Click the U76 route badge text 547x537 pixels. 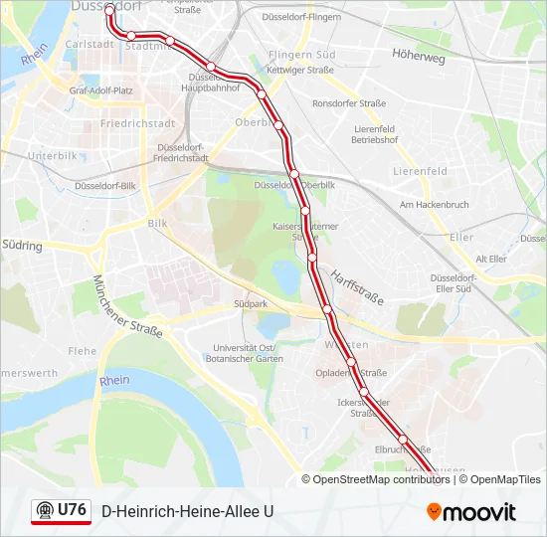pos(72,510)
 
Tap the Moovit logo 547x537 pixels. pos(471,512)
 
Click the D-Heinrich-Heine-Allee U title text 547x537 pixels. pos(187,511)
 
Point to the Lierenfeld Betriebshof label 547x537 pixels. pos(375,134)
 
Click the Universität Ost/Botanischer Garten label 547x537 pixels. pos(242,353)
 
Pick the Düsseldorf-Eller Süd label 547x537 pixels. pos(450,283)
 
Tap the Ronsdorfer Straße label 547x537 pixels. pos(348,102)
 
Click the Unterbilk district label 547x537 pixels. pos(52,155)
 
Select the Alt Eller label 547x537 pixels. pos(491,259)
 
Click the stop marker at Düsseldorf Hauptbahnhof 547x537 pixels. pos(211,68)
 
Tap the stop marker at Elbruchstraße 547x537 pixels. pos(403,439)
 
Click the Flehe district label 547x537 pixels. pos(83,350)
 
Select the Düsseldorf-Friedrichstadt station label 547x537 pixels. pos(182,152)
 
